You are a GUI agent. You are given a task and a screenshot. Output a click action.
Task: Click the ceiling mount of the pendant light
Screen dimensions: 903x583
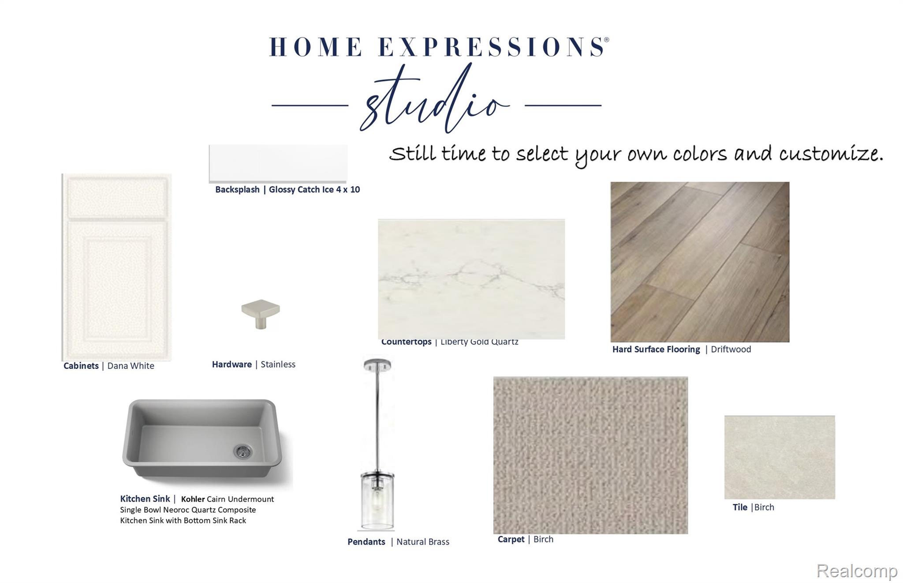[x=377, y=365]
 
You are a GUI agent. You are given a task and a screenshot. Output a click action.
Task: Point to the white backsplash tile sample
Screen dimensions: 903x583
[x=278, y=163]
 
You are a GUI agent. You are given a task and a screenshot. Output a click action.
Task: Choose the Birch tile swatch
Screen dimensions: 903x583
[x=780, y=457]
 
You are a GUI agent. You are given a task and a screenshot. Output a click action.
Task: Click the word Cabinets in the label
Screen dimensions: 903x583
[x=81, y=366]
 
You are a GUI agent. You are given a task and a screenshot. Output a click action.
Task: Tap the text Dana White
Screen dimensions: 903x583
[x=131, y=366]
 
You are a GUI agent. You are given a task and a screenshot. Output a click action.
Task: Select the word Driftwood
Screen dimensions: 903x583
[x=731, y=349]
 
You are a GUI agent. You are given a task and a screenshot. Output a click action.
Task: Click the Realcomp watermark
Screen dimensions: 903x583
[x=857, y=571]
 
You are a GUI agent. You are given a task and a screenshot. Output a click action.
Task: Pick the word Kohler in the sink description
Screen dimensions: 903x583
[x=193, y=499]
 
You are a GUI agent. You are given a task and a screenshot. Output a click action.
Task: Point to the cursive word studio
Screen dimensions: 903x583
[x=436, y=99]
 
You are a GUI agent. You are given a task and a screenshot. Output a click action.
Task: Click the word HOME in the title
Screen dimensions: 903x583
[x=316, y=47]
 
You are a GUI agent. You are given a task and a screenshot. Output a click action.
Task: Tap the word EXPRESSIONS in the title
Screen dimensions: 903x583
[x=492, y=47]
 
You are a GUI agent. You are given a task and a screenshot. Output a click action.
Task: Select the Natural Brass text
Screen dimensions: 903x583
[x=423, y=542]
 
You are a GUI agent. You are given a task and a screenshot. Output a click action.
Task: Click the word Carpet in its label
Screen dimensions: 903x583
[x=511, y=539]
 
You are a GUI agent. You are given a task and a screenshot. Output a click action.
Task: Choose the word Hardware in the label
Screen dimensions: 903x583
[x=232, y=364]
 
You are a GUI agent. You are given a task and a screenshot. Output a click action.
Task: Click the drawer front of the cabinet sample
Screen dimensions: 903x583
[x=117, y=196]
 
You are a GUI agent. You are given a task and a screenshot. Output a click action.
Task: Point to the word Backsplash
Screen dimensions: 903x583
[x=237, y=189]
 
